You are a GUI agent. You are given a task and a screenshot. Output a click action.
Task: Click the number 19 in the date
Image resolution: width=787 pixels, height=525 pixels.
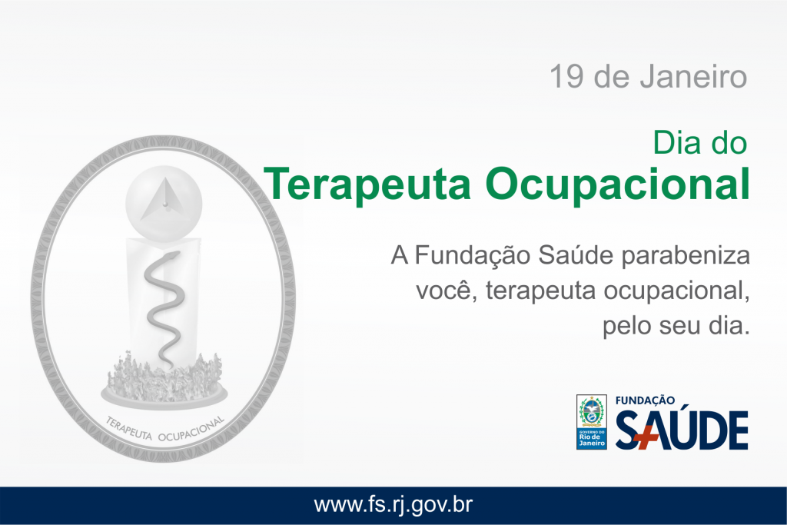pos(566,76)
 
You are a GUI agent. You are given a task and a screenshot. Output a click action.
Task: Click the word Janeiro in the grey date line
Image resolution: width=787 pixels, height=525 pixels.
pos(693,76)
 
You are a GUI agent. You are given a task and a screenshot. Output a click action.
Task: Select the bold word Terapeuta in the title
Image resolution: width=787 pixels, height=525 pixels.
pos(367,184)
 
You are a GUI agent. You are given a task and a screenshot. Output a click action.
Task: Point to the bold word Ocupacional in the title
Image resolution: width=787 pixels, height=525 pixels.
pos(617,184)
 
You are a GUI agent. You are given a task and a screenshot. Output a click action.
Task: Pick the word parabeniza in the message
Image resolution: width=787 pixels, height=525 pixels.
pos(686,256)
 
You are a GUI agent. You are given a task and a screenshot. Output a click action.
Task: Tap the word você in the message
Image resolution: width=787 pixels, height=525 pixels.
pos(447,291)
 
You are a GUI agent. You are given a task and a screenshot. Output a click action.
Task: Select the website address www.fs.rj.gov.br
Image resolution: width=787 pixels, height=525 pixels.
pos(393,505)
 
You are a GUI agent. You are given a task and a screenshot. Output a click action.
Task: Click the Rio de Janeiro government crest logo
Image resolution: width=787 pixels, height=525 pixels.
pos(591,422)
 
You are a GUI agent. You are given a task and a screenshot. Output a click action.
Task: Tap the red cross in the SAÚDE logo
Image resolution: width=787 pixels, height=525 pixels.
pos(646,437)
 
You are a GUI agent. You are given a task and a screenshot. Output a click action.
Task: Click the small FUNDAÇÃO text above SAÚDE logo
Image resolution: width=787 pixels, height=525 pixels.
pos(645,400)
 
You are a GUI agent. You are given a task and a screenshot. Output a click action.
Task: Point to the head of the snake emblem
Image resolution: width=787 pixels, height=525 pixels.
pos(170,257)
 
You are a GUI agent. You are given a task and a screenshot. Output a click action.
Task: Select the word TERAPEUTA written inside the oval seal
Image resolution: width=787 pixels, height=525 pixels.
pos(128,429)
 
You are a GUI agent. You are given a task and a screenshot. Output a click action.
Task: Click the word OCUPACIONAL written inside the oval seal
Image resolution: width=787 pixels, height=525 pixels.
pos(191,430)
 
